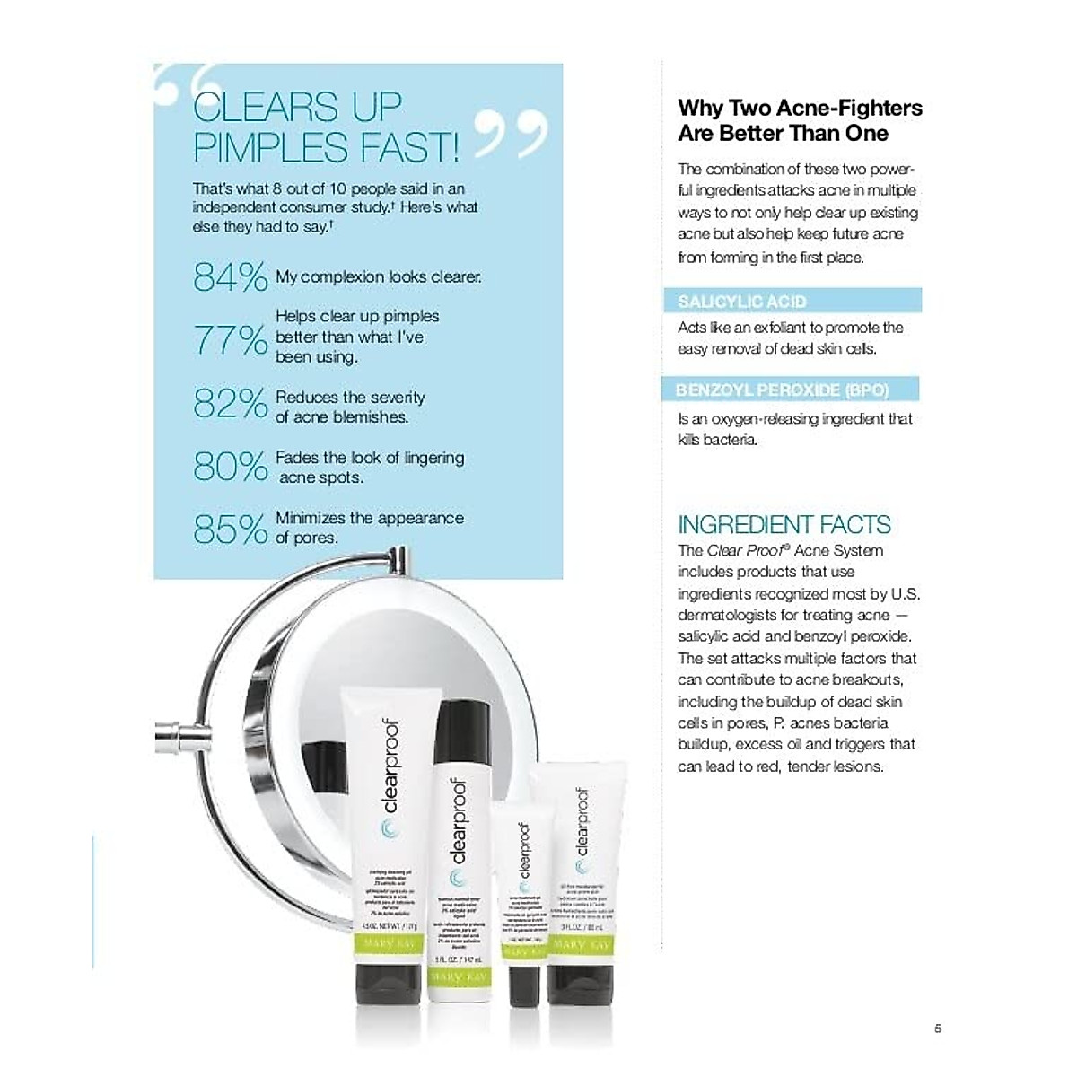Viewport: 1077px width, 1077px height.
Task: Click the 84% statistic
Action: click(230, 277)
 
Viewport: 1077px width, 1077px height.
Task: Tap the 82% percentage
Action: click(230, 404)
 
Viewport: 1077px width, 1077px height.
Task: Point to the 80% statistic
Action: click(230, 467)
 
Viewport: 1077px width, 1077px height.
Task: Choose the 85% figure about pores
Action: click(230, 530)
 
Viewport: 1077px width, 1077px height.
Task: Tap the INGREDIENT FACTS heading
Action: click(784, 524)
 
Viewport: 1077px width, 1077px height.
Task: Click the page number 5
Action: click(938, 1029)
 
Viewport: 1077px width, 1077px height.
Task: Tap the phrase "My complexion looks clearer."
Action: click(378, 277)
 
